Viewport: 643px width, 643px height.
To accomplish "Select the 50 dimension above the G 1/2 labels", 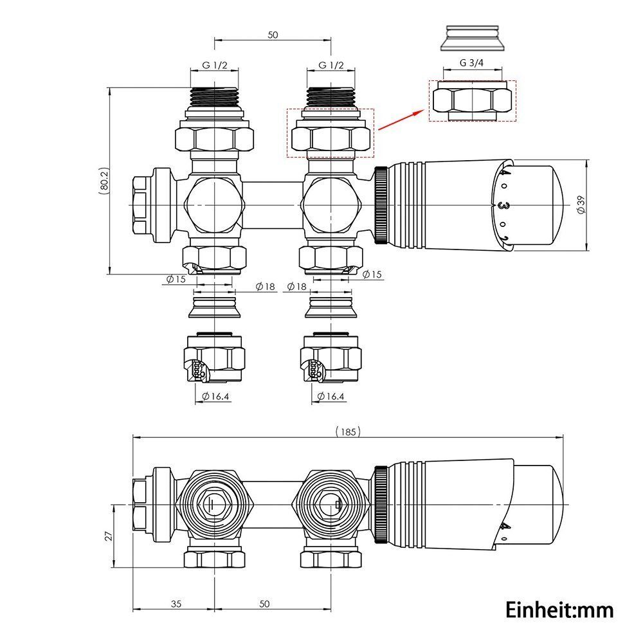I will [272, 35].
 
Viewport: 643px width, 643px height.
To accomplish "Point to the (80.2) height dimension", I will [104, 182].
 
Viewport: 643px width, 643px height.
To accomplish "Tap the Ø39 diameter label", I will [580, 205].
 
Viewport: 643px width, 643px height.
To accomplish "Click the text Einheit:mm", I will [559, 609].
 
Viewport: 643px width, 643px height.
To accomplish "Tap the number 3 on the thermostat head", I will [500, 206].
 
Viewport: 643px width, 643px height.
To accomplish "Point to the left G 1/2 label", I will [213, 65].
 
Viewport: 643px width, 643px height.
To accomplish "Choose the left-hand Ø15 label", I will [176, 279].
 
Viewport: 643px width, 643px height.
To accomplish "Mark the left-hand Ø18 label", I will [264, 286].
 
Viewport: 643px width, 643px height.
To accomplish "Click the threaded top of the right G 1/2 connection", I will [331, 96].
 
